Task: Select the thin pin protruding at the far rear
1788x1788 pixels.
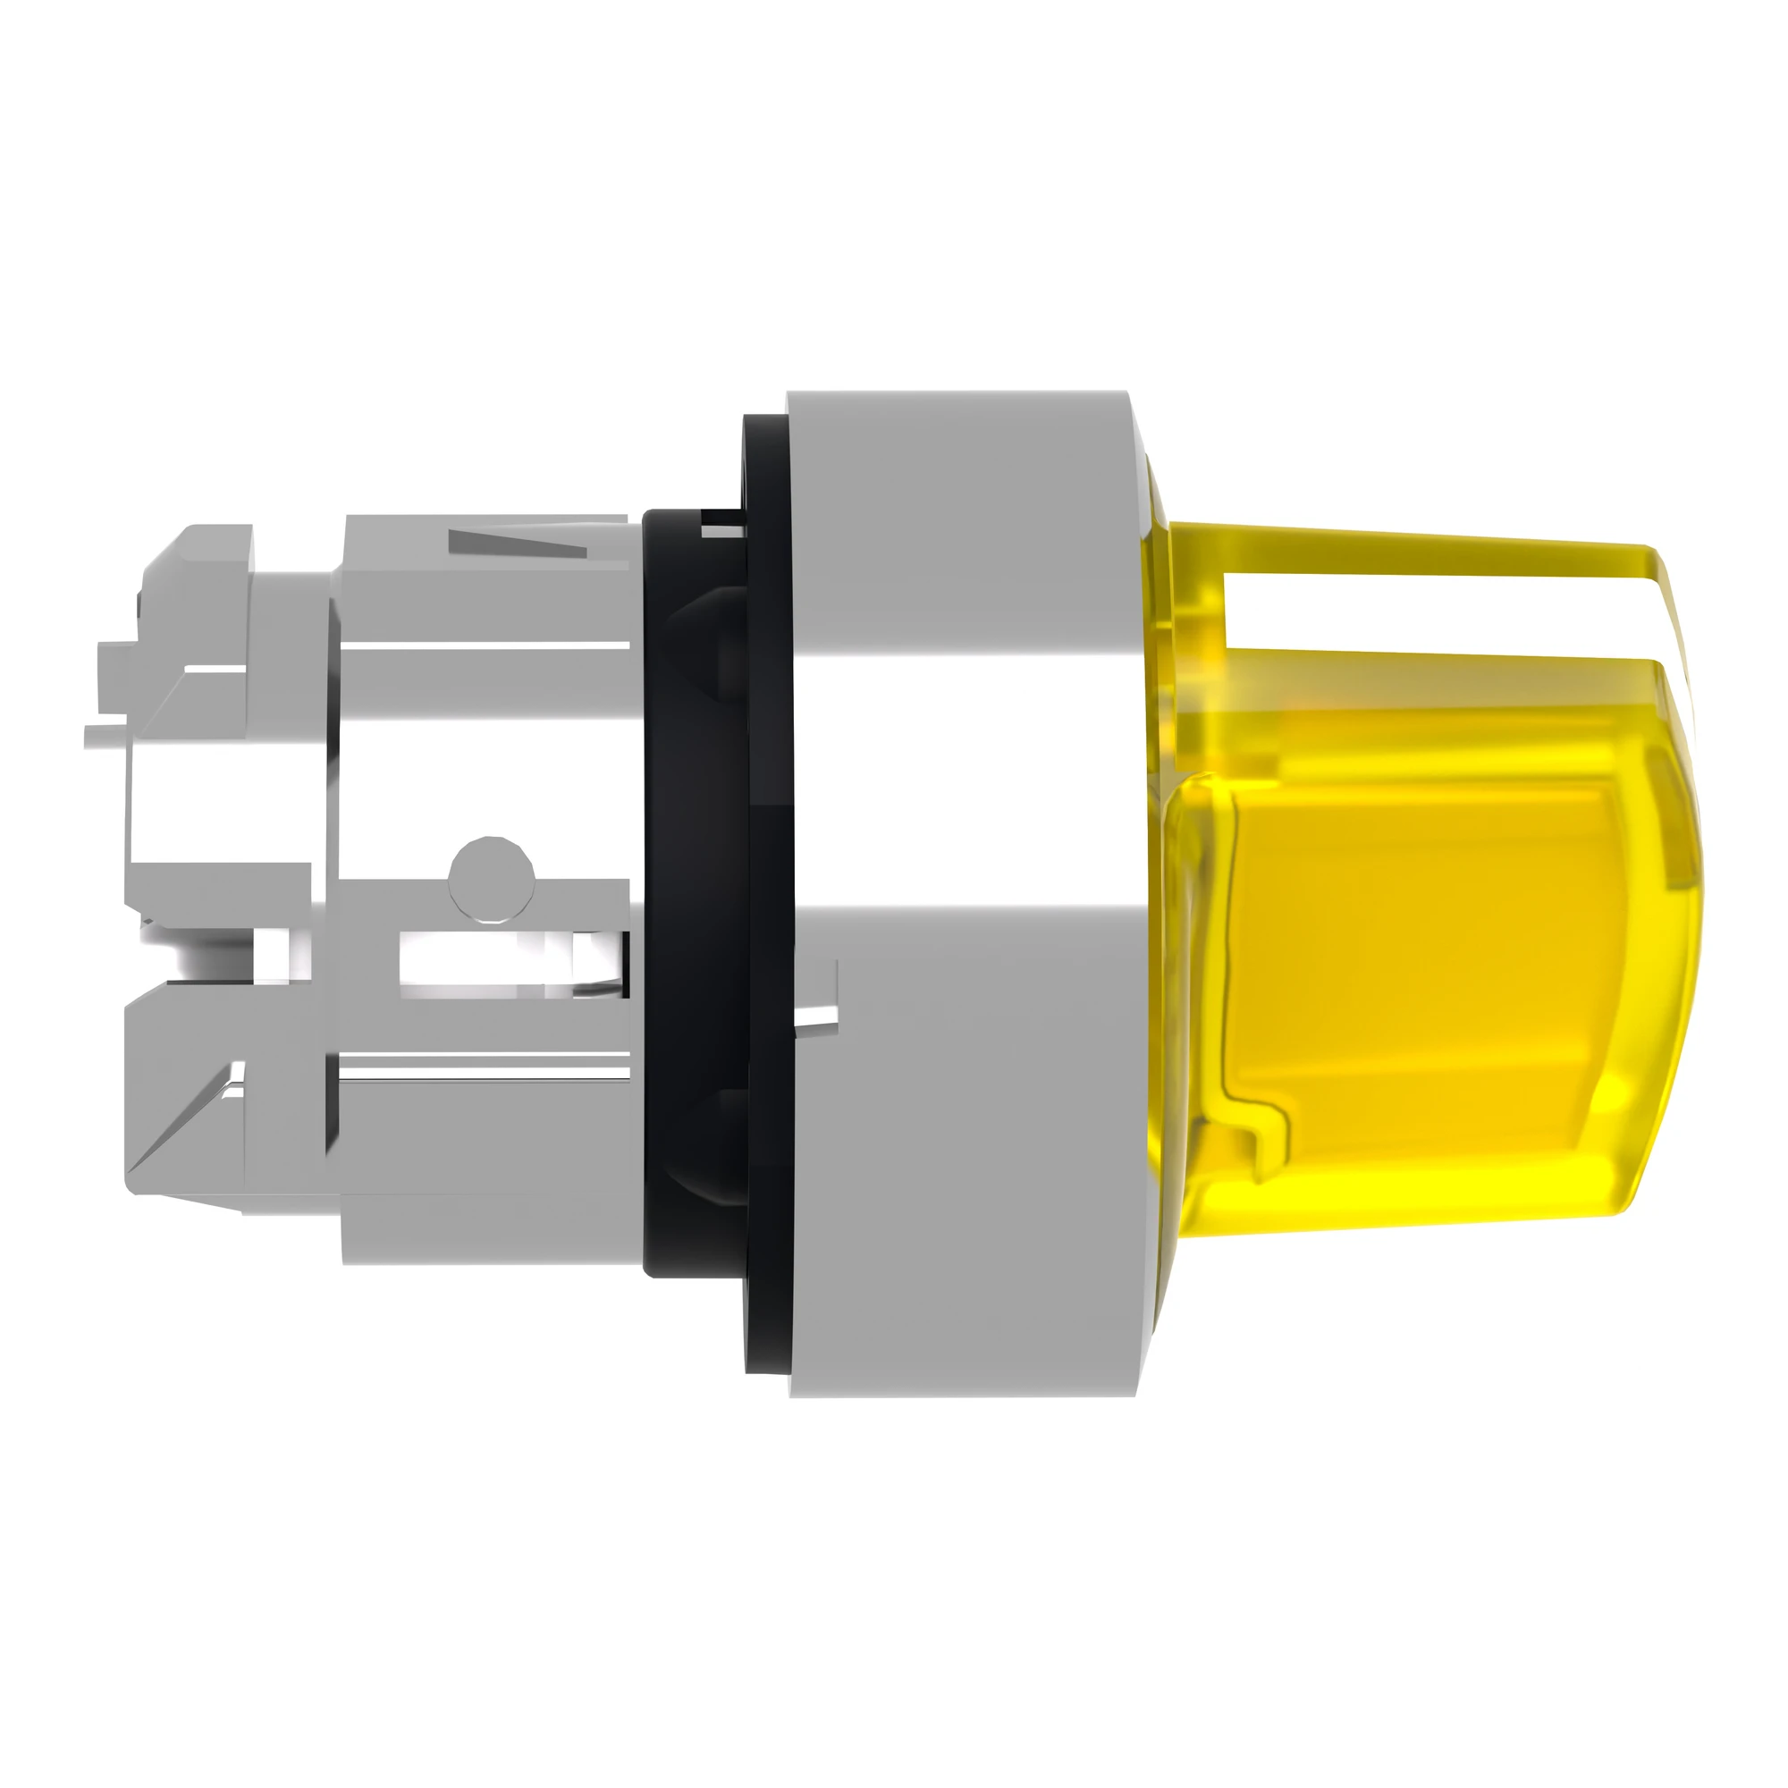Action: pos(104,735)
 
